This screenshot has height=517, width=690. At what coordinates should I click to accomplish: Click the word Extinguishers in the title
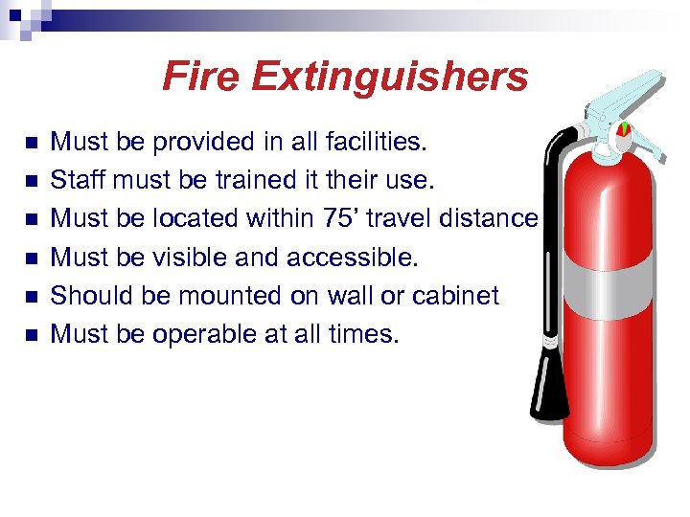(391, 77)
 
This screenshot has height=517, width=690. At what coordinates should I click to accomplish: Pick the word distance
(488, 218)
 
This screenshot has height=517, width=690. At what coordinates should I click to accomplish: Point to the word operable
(201, 334)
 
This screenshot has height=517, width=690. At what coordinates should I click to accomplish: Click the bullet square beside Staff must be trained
(32, 181)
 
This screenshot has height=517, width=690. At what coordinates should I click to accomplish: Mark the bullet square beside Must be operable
(32, 335)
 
